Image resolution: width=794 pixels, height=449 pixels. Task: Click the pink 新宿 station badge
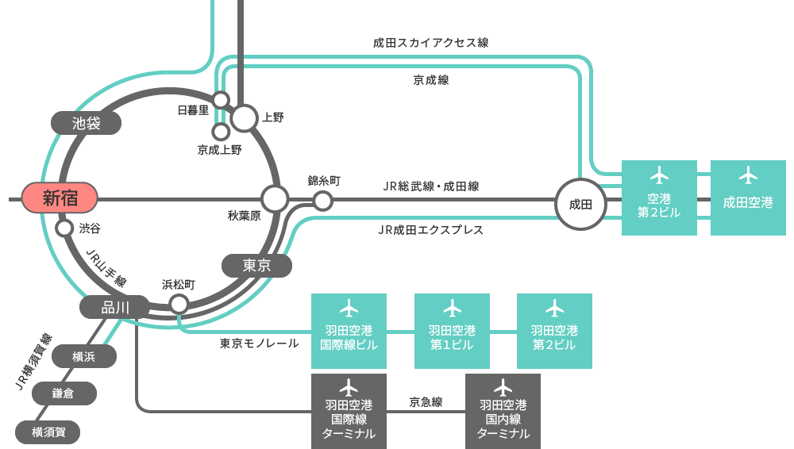tap(60, 198)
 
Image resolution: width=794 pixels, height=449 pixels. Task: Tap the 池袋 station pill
tap(86, 123)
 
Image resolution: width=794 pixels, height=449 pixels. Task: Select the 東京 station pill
tap(256, 265)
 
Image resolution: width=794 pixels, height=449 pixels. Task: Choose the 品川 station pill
tap(115, 307)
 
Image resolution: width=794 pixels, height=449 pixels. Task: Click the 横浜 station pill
tap(84, 356)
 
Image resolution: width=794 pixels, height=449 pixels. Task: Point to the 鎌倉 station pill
tap(64, 393)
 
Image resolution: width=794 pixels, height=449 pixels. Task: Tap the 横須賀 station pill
tap(48, 432)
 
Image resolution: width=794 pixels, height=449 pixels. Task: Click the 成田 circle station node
tap(581, 204)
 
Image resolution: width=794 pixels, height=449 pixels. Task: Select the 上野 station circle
tap(245, 118)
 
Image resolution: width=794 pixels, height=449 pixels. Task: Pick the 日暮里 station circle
tap(221, 100)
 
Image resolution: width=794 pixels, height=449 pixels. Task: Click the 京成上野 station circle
tap(221, 132)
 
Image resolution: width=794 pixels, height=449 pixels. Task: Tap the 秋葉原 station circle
tap(275, 199)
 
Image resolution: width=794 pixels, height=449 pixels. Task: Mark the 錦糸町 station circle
tap(322, 201)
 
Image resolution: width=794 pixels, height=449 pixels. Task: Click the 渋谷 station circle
tap(64, 228)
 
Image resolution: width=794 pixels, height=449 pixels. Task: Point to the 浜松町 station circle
tap(179, 305)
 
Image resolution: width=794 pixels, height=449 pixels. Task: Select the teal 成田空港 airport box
tap(749, 198)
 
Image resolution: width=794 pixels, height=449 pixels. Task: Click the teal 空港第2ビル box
tap(659, 198)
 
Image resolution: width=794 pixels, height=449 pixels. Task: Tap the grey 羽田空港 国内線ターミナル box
tap(503, 411)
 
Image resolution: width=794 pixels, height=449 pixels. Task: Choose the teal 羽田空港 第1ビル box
tap(453, 331)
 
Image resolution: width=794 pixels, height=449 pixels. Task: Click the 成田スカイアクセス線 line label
tap(431, 43)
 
